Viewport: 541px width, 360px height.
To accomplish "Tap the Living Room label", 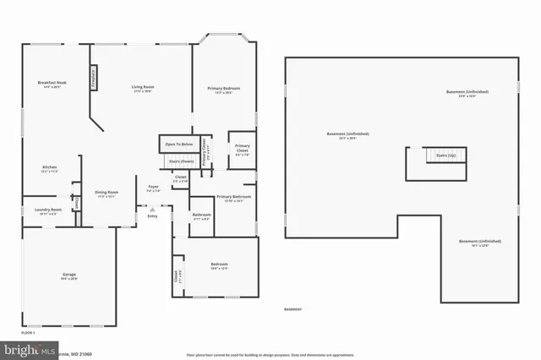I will (142, 87).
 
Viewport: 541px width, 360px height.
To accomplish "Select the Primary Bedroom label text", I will (220, 88).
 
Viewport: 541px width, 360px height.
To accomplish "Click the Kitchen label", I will (49, 167).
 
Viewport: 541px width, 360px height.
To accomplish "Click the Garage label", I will (68, 275).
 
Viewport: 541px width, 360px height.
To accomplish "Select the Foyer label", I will (153, 187).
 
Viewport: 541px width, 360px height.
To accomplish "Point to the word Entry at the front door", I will (152, 215).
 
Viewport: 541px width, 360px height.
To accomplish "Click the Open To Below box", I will (178, 144).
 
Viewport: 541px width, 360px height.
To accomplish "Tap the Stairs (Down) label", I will (181, 160).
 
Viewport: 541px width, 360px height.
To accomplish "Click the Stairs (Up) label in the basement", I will (445, 155).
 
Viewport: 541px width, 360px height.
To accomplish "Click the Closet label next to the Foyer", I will (180, 177).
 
